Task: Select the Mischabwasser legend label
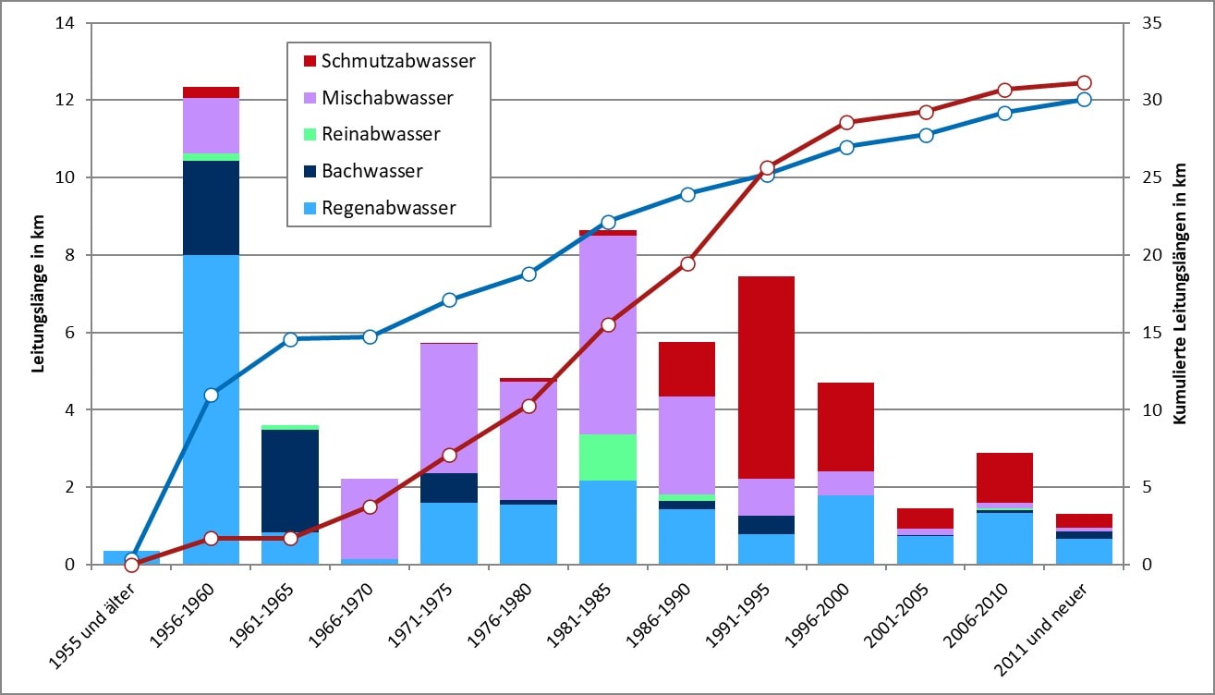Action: coord(387,98)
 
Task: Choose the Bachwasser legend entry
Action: coord(372,171)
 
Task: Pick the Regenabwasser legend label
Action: coord(389,208)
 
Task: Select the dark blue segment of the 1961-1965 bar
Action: coord(290,481)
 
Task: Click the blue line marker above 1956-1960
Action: coord(211,395)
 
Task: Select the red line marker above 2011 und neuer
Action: coord(1085,83)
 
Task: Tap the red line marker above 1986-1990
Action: coord(687,264)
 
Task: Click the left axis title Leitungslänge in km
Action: coord(39,294)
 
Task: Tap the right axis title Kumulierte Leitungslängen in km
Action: coord(1178,294)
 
